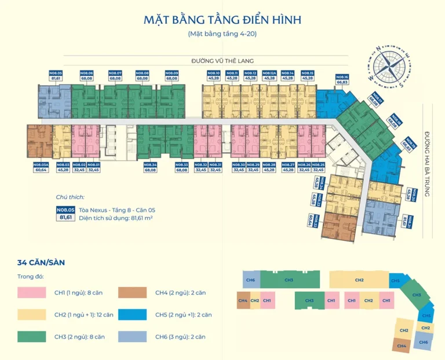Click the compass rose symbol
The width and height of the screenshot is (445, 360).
tap(389, 65)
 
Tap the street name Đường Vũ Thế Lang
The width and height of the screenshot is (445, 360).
tap(223, 60)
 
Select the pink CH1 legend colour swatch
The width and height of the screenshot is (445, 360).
tap(31, 293)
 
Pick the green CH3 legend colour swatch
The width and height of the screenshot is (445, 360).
tap(31, 336)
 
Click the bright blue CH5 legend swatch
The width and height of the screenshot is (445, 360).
tap(133, 314)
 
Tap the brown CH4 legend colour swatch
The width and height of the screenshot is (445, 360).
tap(133, 293)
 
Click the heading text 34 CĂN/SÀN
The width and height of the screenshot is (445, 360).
tap(41, 263)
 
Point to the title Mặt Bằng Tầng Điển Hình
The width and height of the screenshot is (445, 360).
tap(222, 20)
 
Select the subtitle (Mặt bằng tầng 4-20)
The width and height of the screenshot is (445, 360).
tap(222, 34)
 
